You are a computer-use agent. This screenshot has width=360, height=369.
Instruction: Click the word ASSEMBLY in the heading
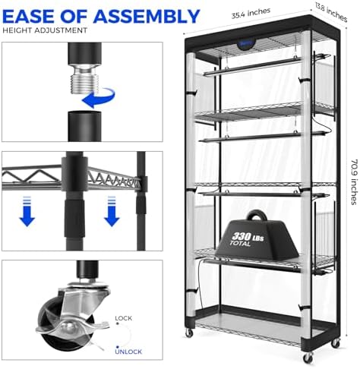coord(147,17)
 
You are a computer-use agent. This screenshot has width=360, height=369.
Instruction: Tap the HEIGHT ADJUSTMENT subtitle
coord(45,30)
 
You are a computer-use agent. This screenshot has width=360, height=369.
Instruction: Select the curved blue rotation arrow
coord(99,98)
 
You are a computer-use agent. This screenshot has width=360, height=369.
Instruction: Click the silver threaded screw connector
coord(83,78)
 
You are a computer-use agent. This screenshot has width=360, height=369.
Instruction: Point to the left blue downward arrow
coord(27,211)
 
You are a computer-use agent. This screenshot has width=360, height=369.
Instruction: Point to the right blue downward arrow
coord(112,211)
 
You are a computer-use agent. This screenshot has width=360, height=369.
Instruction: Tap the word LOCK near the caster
coord(124,318)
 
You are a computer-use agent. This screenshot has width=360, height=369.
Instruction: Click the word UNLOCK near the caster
coord(128,352)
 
